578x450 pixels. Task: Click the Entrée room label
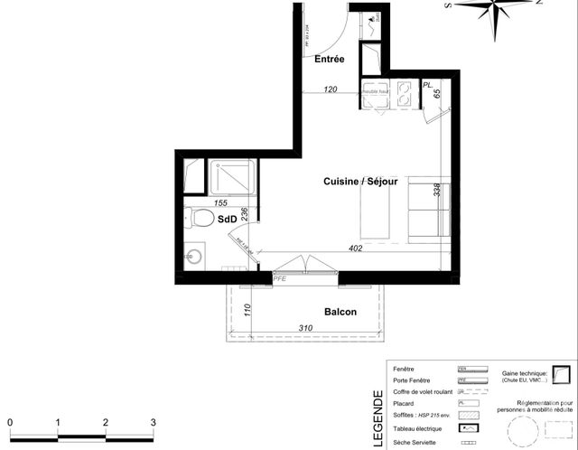tap(330, 60)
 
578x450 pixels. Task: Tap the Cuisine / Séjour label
tap(360, 182)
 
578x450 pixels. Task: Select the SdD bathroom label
tap(228, 219)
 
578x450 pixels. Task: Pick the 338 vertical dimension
tap(438, 190)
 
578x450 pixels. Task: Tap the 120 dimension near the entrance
tap(331, 89)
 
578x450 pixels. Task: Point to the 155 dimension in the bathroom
tap(222, 203)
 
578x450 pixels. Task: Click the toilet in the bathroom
tap(200, 220)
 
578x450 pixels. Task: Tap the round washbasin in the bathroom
tap(191, 256)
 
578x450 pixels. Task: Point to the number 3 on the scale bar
tap(154, 422)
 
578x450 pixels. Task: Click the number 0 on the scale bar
tap(10, 422)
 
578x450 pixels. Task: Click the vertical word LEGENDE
tap(378, 417)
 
